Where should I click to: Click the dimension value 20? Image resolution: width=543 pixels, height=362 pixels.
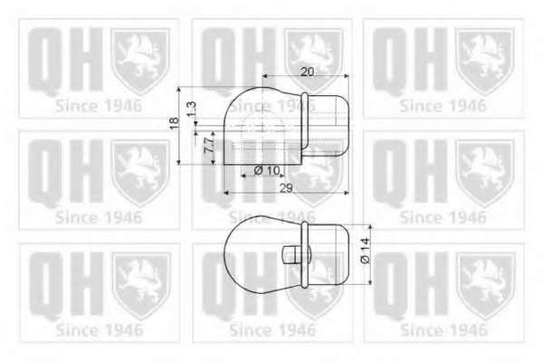tap(307, 71)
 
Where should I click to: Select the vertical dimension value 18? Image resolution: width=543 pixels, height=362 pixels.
tap(174, 123)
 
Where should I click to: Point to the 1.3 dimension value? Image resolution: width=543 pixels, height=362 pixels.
tap(192, 110)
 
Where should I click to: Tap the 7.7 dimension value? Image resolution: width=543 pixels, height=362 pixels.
tap(208, 146)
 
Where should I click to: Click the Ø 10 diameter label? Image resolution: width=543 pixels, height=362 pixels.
tap(267, 170)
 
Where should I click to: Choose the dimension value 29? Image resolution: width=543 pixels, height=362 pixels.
tap(286, 188)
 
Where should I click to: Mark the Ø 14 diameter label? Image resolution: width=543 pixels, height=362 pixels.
tap(365, 251)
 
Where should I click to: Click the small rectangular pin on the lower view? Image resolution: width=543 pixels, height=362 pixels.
tap(292, 255)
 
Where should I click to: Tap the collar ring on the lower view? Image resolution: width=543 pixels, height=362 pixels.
tap(304, 254)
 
